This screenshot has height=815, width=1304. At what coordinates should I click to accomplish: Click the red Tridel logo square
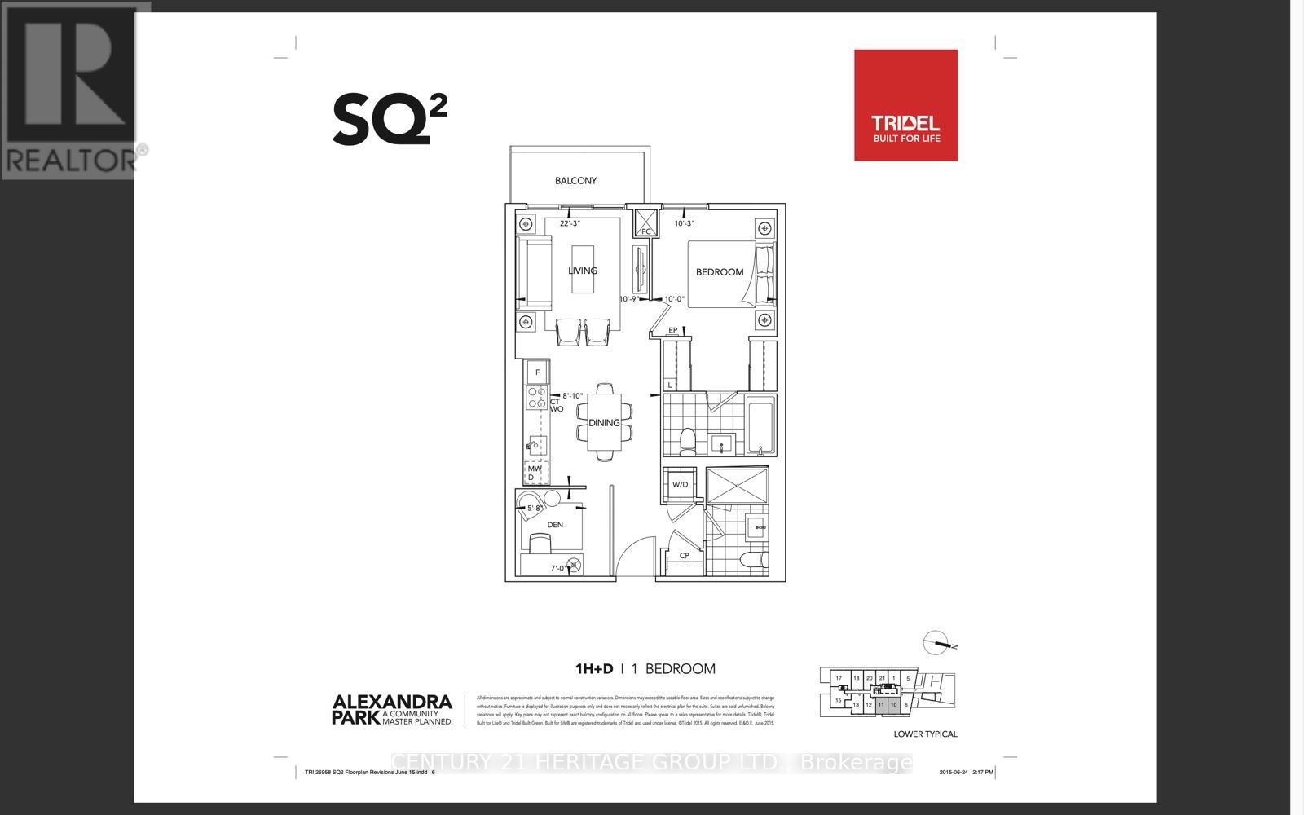point(905,105)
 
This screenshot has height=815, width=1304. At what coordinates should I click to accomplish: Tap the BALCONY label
point(575,181)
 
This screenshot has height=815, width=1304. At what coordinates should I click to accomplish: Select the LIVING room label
point(583,271)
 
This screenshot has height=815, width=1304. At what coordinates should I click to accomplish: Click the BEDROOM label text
point(719,272)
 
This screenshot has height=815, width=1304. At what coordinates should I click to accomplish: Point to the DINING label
point(604,423)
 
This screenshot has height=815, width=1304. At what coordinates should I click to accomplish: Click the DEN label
point(555,525)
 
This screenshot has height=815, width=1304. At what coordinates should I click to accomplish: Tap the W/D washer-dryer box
point(680,485)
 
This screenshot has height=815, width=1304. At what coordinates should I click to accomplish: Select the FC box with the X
point(645,222)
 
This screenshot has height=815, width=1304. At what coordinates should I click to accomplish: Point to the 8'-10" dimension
point(574,396)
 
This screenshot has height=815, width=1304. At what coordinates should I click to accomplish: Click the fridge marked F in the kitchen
point(537,372)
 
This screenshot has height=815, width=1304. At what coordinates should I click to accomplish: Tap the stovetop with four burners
point(537,397)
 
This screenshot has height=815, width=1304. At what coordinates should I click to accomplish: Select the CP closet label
point(685,556)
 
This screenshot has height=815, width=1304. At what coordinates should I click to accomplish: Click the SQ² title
point(390,119)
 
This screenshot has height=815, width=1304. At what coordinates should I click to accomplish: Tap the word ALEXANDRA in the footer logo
point(391,702)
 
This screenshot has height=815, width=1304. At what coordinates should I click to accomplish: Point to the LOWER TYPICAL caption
point(925,734)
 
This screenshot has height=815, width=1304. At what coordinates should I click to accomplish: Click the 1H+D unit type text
point(593,669)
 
